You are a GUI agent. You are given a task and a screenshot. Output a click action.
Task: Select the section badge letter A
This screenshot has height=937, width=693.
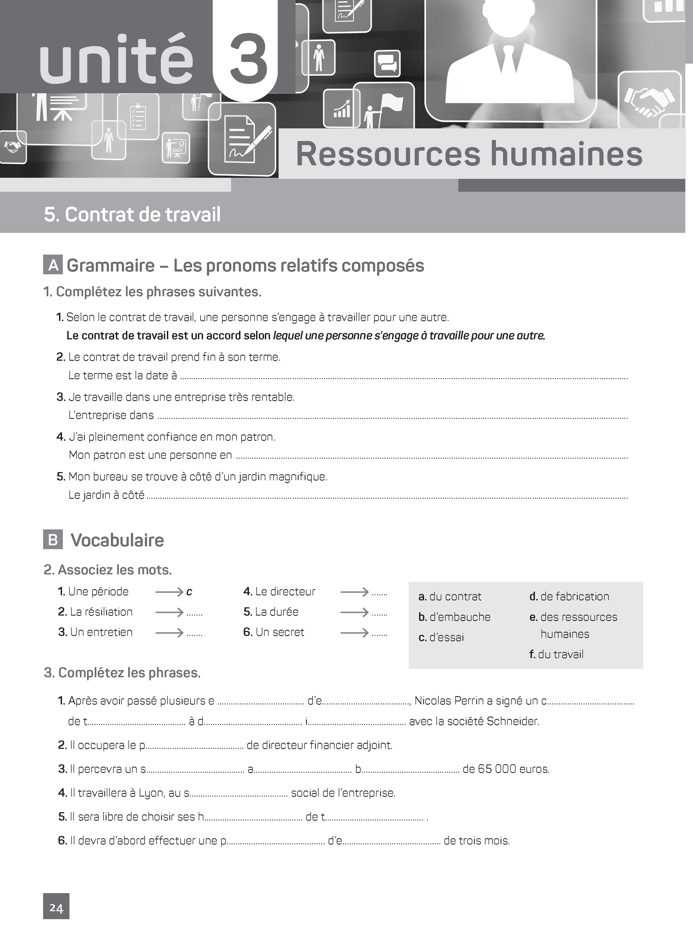[x=53, y=265]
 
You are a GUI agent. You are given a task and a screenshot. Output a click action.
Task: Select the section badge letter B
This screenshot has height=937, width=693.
[x=53, y=540]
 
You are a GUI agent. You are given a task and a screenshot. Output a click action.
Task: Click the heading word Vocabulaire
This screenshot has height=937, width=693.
[x=117, y=540]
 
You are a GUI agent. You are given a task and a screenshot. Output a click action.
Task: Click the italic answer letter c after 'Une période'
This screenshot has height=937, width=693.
[x=189, y=592]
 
